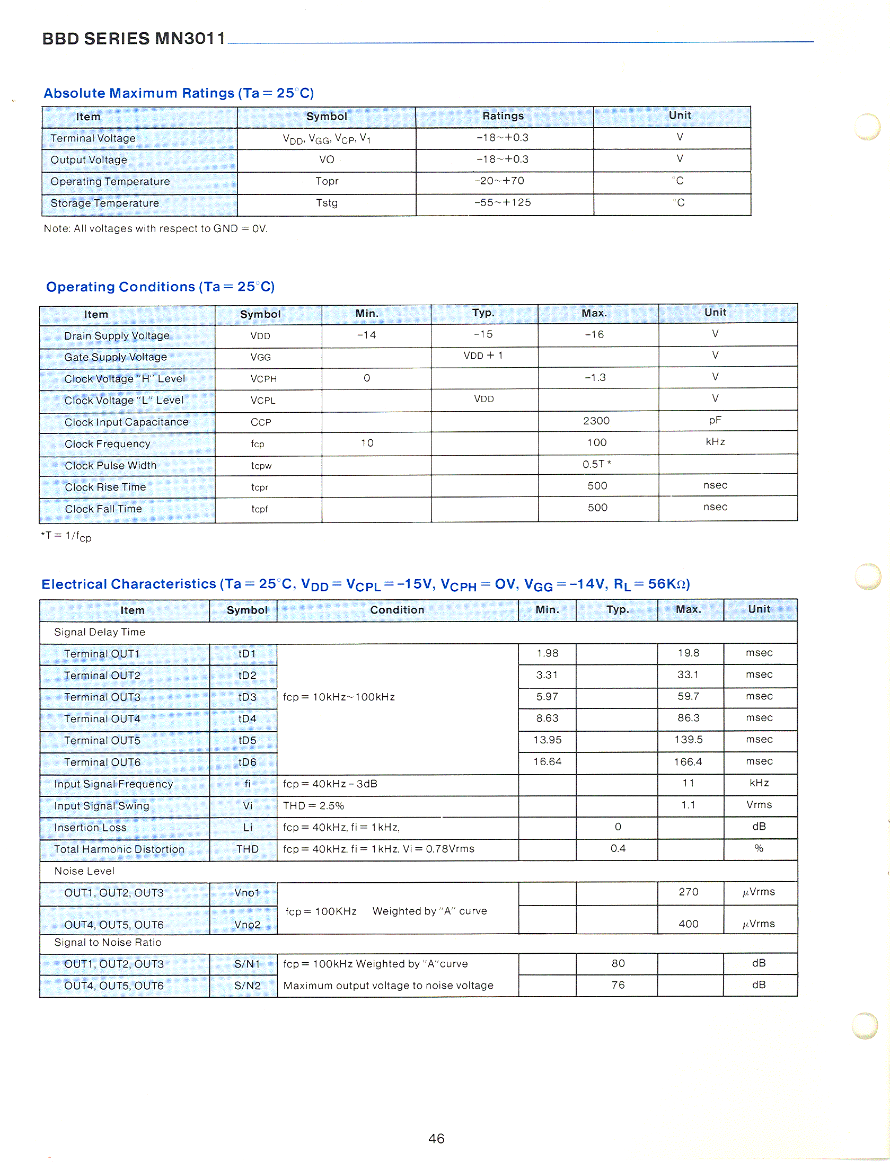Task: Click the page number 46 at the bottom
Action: (x=436, y=1138)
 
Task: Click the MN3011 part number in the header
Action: (x=190, y=38)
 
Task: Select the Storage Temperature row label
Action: (x=104, y=203)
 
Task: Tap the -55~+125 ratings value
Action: (x=503, y=202)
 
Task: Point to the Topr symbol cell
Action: (x=327, y=181)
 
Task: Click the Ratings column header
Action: (x=503, y=116)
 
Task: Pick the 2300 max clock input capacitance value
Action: (x=596, y=421)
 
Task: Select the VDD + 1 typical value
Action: (x=483, y=355)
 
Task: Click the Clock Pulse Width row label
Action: (x=110, y=465)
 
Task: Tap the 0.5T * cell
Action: (x=596, y=464)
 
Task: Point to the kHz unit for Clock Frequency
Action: (x=715, y=442)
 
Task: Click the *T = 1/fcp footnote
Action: (x=66, y=536)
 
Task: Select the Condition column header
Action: (x=397, y=610)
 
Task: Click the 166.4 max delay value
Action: (x=688, y=761)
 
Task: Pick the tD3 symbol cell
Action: (x=247, y=697)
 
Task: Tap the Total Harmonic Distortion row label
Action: (x=119, y=849)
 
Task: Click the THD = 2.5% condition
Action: (x=313, y=805)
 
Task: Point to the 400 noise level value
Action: (x=688, y=924)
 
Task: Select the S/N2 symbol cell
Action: (x=247, y=986)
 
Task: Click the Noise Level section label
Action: (x=84, y=871)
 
